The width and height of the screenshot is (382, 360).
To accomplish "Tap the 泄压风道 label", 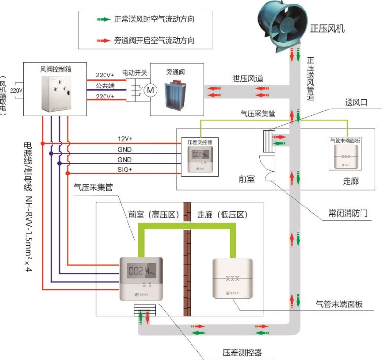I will (247, 78).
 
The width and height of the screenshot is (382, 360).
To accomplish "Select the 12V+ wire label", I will (125, 139).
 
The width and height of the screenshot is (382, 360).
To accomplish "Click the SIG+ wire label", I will (125, 169).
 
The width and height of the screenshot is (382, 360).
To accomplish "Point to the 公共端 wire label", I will (105, 86).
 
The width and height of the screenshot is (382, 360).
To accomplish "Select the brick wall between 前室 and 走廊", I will (188, 268).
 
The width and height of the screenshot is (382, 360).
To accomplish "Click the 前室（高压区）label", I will (153, 215).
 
